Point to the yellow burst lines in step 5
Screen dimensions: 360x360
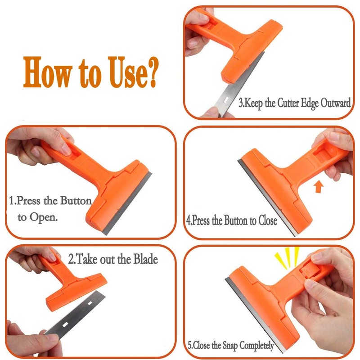(288, 256)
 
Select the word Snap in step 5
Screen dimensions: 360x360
(227, 346)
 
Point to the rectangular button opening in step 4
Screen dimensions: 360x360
(322, 158)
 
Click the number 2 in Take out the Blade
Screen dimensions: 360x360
(71, 260)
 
